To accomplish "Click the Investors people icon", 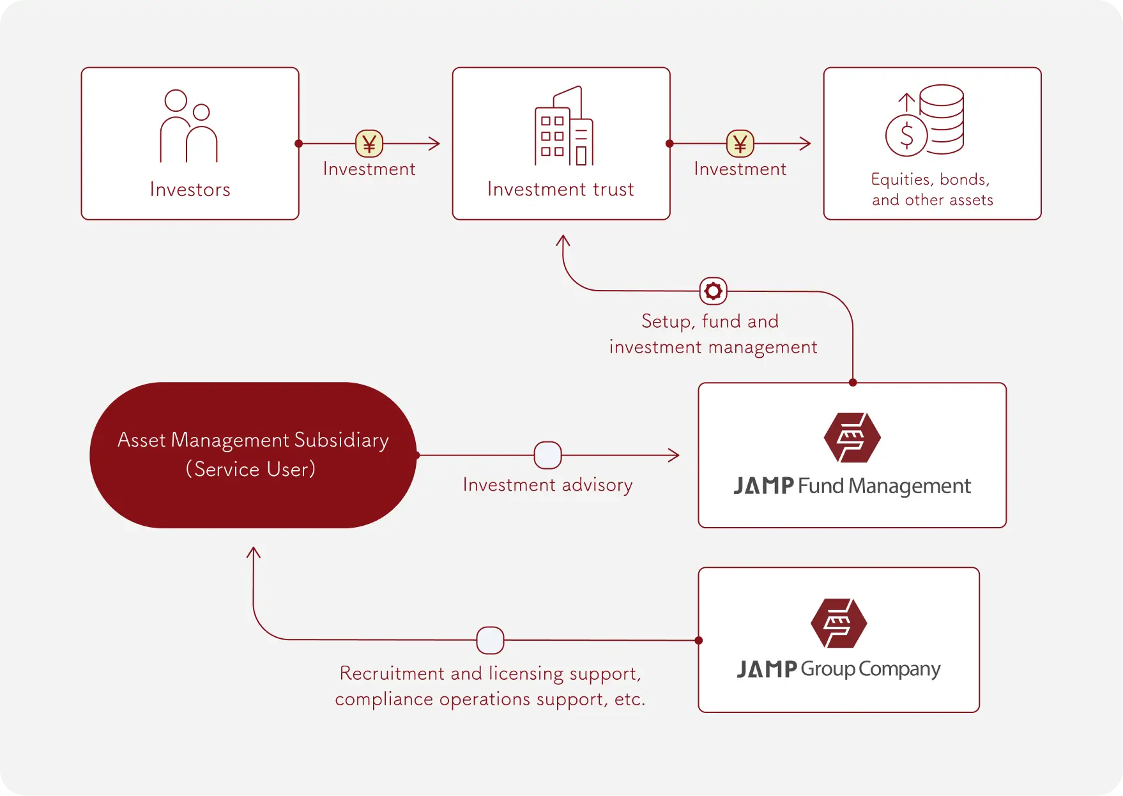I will point(189,126).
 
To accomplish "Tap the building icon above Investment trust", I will point(563,126).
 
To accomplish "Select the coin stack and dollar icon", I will point(925,121).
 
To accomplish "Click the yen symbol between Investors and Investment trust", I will point(369,144).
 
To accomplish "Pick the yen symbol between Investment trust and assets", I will point(740,144).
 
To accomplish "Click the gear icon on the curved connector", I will point(714,291).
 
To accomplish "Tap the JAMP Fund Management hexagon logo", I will point(852,438).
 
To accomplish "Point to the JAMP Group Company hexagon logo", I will point(839,623).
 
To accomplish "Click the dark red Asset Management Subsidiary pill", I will point(253,455).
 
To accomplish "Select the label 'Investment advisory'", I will point(547,485).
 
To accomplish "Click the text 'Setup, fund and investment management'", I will point(712,334).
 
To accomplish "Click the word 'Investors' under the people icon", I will point(190,190).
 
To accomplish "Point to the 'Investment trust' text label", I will point(560,189).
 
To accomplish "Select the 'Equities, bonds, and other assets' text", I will point(932,190).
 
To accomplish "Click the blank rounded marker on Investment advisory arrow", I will point(547,455).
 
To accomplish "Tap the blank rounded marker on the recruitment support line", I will point(490,640).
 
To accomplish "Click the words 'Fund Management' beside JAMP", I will point(884,486).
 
